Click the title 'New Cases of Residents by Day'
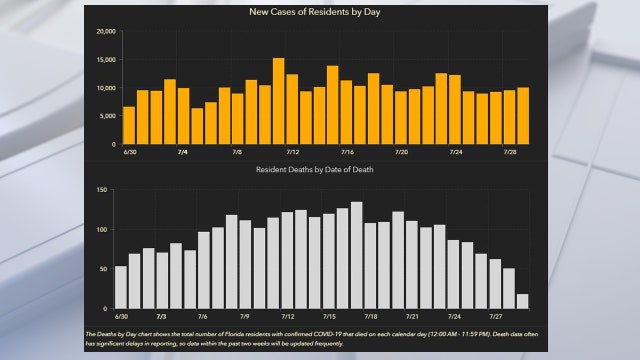click(x=320, y=12)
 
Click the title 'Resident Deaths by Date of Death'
click(x=320, y=171)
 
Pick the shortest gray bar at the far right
click(x=522, y=300)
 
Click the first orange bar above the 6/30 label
click(x=129, y=125)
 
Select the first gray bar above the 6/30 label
click(x=121, y=287)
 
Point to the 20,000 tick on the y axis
click(x=105, y=31)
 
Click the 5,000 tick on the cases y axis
click(x=108, y=116)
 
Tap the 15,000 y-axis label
click(x=105, y=60)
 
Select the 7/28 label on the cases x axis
click(x=510, y=152)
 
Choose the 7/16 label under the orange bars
click(x=346, y=152)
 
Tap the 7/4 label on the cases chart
click(x=183, y=152)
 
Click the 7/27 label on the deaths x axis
click(x=495, y=316)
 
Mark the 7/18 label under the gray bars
click(x=370, y=316)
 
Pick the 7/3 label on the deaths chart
click(x=162, y=316)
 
